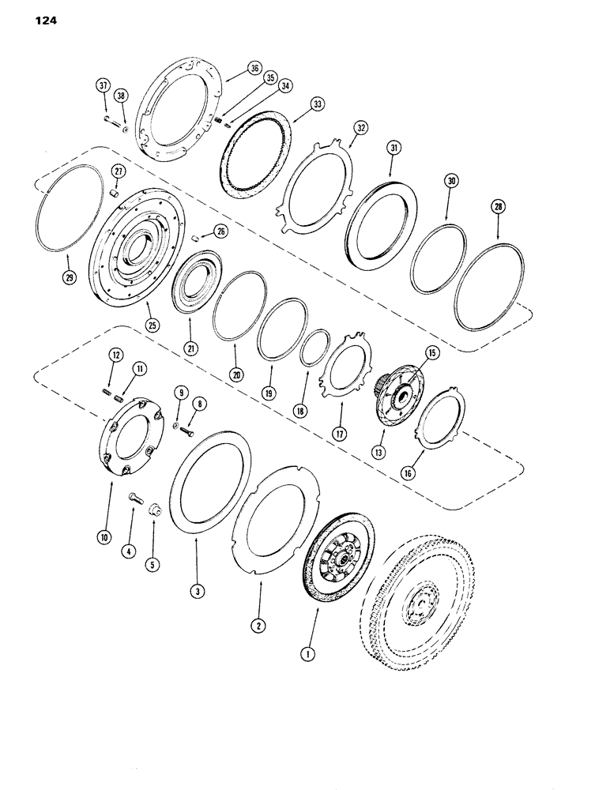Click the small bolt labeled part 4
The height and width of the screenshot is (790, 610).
click(132, 498)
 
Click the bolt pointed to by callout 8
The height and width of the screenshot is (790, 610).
click(187, 431)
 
